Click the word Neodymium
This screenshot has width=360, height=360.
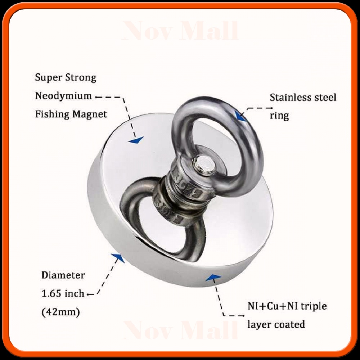[63, 96]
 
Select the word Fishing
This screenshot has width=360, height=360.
[52, 114]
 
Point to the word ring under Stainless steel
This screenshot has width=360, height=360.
[279, 116]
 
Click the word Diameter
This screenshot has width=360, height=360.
[63, 275]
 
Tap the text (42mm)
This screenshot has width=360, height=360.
[61, 312]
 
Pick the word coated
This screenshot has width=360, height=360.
[290, 325]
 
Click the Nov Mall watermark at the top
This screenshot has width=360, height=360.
[180, 32]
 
